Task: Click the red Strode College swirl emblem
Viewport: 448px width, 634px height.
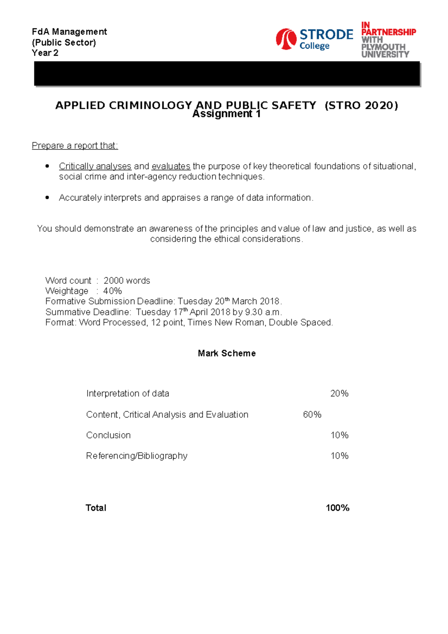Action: (286, 39)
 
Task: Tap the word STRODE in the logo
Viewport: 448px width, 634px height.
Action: (326, 35)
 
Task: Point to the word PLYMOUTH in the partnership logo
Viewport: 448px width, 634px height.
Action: (383, 47)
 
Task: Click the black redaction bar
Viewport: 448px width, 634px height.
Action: (227, 74)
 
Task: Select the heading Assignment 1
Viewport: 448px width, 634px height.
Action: (226, 114)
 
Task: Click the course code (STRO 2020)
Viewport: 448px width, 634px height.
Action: (361, 105)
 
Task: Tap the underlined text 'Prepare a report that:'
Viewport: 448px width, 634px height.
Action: (75, 146)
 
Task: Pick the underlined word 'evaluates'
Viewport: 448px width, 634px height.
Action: (171, 166)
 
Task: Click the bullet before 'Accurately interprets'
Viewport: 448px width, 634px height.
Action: (47, 198)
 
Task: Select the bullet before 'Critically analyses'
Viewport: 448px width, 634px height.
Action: (47, 166)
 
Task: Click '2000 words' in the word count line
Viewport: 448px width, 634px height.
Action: (127, 280)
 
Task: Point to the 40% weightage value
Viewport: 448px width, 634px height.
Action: (112, 291)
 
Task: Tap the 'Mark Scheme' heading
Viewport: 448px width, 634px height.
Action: (227, 353)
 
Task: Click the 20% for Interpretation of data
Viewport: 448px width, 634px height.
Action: (339, 393)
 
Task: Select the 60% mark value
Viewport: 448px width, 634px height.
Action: (312, 414)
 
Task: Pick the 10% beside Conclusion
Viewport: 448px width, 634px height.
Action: (339, 435)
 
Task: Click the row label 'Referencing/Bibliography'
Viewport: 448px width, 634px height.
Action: (137, 456)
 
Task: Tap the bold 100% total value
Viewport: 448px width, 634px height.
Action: (337, 508)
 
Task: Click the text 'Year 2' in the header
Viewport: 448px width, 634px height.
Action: (45, 53)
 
